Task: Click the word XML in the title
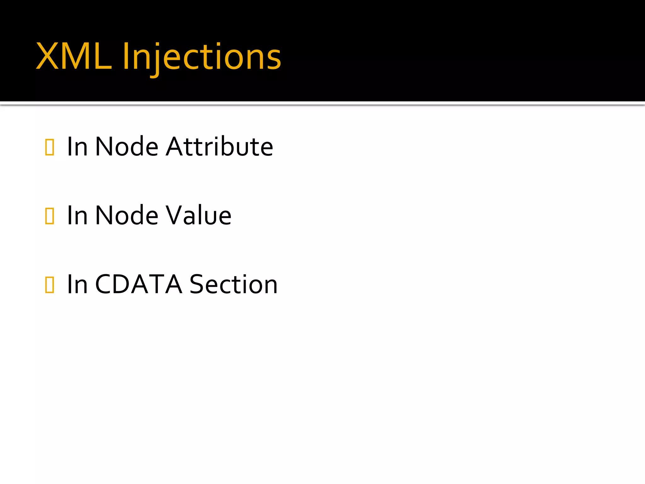[74, 57]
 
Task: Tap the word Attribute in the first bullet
[220, 147]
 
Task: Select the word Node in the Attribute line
[127, 147]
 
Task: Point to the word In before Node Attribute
[77, 147]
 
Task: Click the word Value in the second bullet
[199, 215]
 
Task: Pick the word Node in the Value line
[127, 215]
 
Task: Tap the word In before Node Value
[77, 215]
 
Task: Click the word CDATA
[139, 284]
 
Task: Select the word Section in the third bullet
[233, 284]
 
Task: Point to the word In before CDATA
[77, 284]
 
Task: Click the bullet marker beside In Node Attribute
[50, 147]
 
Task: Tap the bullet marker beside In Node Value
[50, 216]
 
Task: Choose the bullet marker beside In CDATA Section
[50, 285]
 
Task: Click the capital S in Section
[198, 284]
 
